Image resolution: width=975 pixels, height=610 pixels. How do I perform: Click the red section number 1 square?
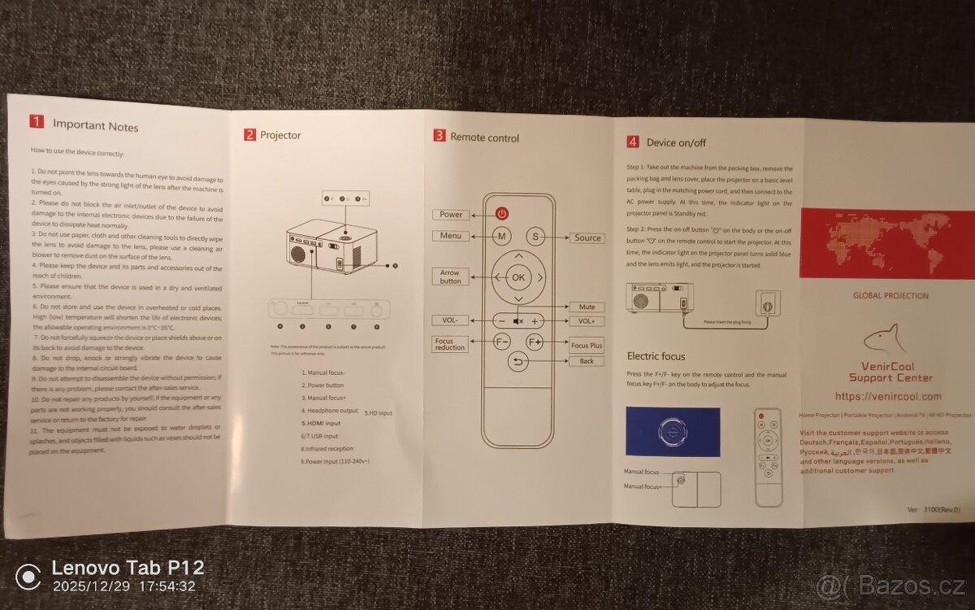(37, 122)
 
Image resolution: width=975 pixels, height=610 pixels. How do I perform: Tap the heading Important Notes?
(95, 126)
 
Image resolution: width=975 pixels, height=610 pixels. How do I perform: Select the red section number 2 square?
(249, 135)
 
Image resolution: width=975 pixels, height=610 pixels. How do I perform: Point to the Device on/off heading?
(676, 142)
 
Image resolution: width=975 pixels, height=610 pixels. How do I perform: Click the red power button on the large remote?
(502, 214)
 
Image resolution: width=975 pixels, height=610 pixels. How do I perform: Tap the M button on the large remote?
(502, 237)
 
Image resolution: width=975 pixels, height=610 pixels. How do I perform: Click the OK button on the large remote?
(518, 277)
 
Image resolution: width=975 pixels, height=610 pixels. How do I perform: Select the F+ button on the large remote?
(535, 342)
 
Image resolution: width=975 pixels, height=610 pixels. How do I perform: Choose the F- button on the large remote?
(501, 342)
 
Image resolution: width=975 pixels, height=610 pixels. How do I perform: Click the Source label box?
(587, 237)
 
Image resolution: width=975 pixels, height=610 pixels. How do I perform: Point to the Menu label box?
(450, 236)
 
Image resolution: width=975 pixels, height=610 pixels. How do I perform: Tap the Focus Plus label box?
(587, 346)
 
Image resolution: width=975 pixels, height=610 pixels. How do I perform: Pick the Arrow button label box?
(450, 277)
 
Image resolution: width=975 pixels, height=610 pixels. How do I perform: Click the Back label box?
(587, 361)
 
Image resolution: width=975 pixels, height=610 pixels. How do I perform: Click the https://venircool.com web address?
(886, 396)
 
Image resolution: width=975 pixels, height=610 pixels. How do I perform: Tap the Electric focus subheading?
(656, 356)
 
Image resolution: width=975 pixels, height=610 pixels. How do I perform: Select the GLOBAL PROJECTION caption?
(890, 296)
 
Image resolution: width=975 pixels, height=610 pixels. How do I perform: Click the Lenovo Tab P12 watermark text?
(128, 568)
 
